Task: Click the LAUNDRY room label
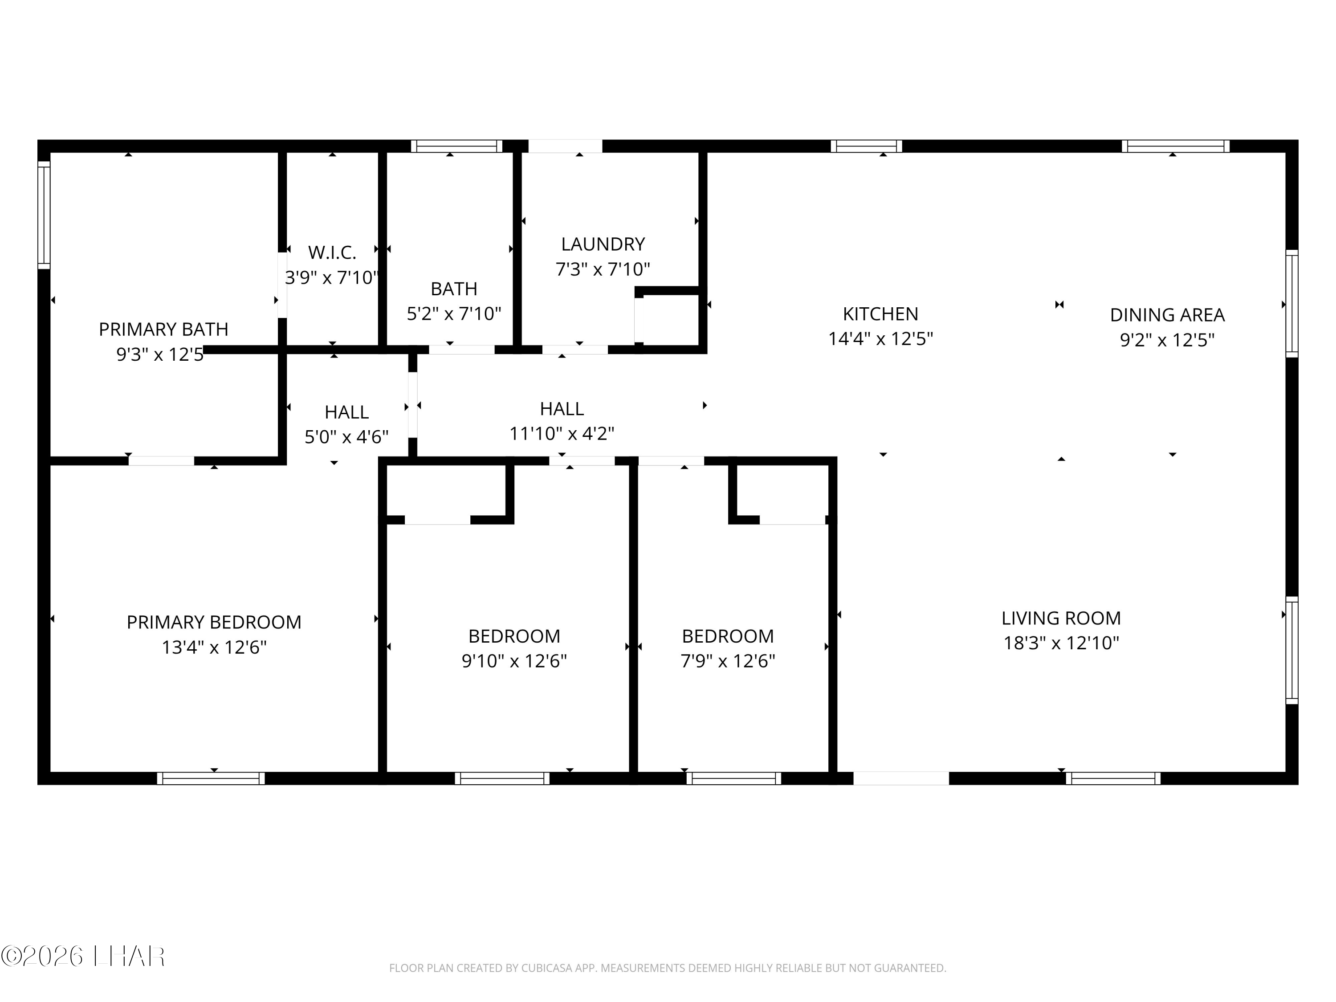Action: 603,244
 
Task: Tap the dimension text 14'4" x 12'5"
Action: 880,339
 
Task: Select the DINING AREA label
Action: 1167,315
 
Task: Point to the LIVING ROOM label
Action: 1061,618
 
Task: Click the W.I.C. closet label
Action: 332,252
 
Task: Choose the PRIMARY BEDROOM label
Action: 214,622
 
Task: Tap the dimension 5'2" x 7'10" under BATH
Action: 454,314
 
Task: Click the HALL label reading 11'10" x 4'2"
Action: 562,409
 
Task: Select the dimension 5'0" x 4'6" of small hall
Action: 346,437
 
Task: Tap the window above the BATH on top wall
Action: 456,146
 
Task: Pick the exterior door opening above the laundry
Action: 565,146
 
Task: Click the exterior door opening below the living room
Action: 900,778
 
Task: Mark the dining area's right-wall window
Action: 1291,304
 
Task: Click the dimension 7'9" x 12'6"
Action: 728,661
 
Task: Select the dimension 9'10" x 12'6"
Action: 514,661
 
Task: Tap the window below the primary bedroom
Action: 211,778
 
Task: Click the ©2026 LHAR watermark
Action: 83,956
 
